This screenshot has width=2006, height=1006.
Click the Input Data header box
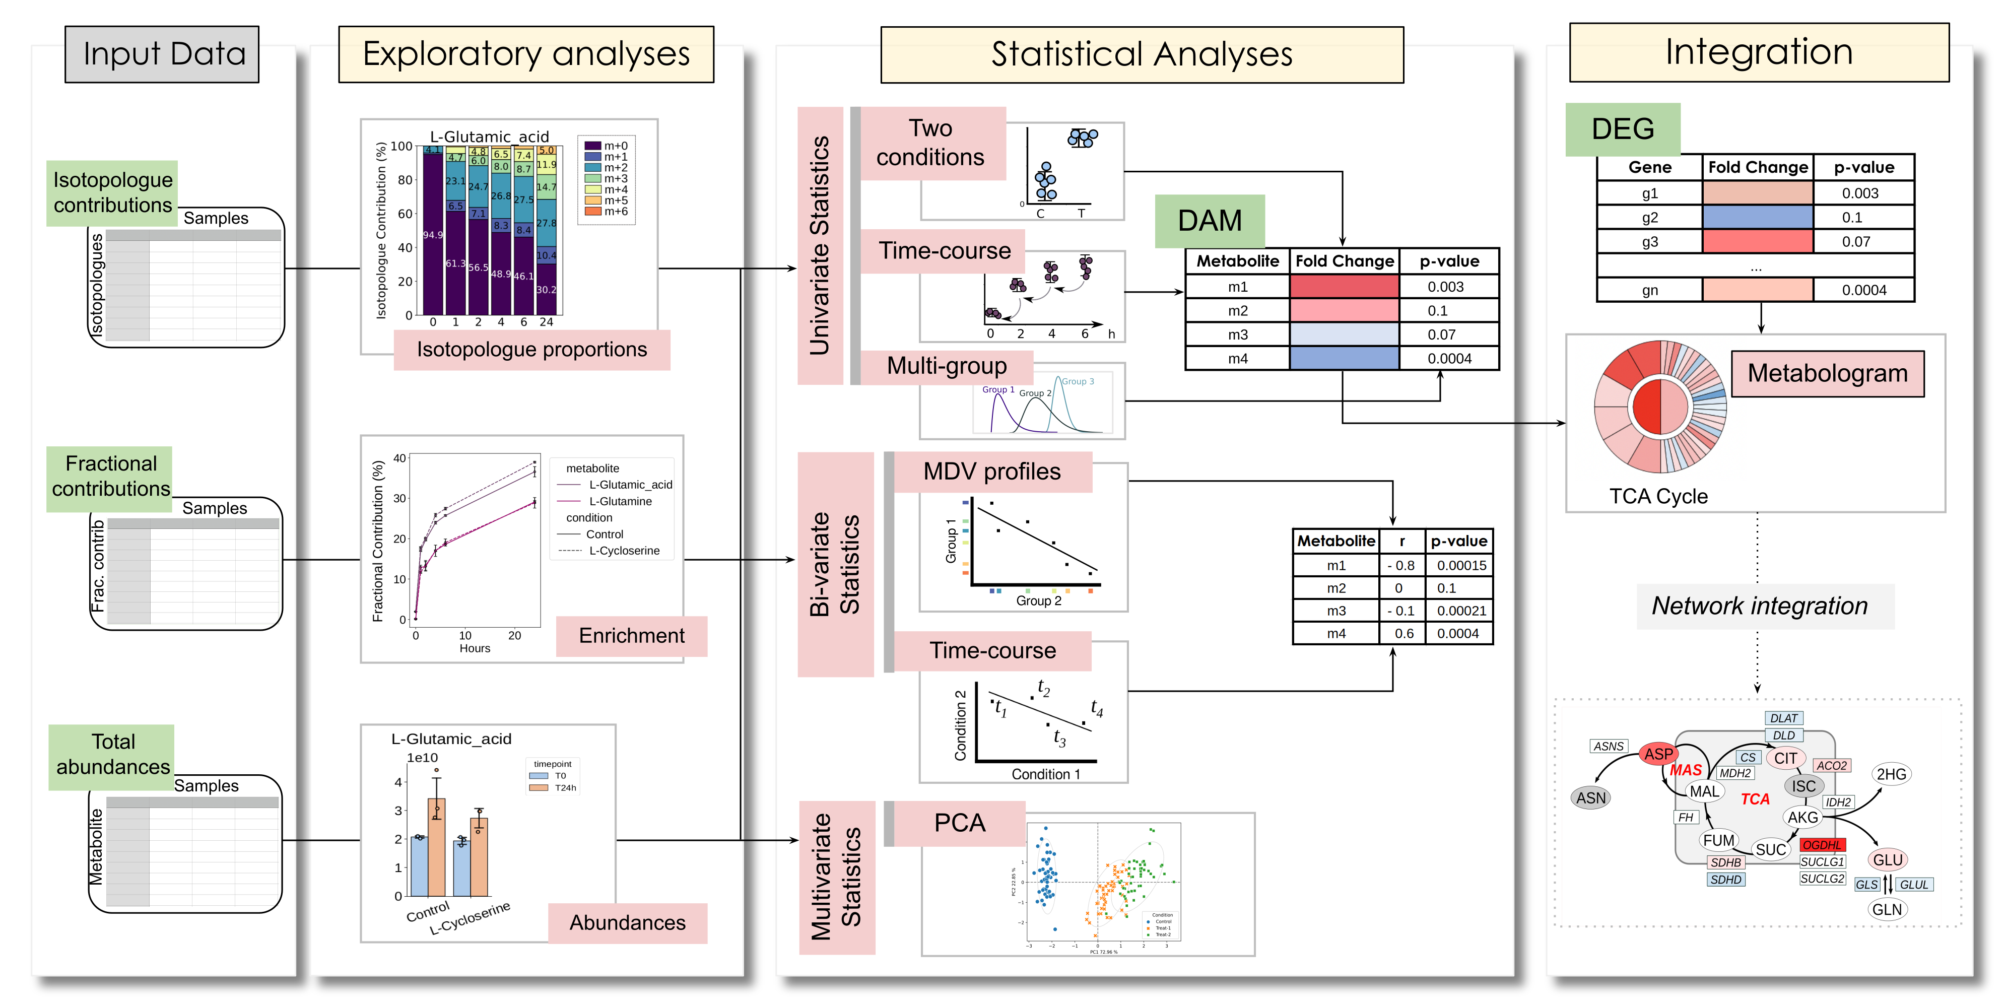(162, 54)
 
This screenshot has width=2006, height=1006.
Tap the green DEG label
(1622, 128)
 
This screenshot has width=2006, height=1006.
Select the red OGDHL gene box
(1822, 845)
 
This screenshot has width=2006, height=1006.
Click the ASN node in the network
(1590, 797)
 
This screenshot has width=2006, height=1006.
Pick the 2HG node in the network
(1891, 774)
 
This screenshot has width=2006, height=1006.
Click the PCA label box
(959, 823)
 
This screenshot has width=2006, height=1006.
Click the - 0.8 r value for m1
(1401, 565)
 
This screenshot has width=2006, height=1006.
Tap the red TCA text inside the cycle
(1755, 799)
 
